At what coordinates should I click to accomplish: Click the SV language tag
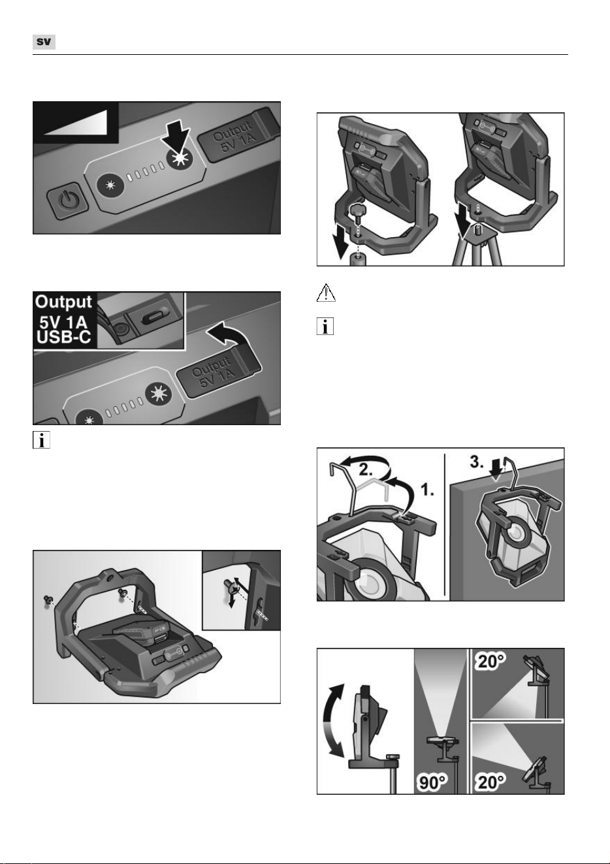tap(44, 42)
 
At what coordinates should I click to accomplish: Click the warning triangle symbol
tap(326, 293)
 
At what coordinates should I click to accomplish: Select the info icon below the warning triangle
tap(325, 327)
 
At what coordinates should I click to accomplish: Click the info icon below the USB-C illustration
tap(41, 440)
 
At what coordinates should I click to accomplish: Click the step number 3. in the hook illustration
tap(477, 462)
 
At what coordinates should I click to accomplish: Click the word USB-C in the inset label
tap(63, 337)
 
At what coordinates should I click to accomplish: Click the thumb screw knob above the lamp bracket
tap(357, 212)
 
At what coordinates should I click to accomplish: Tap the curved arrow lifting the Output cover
tap(228, 333)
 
